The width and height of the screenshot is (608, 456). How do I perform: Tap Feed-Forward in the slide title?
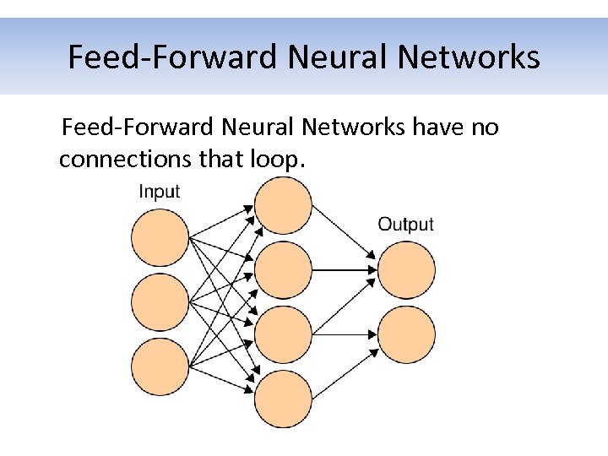tap(172, 57)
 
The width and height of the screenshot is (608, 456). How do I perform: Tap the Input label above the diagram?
tap(159, 192)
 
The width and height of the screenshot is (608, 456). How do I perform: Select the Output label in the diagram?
tap(405, 224)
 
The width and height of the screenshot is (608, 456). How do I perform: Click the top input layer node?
tap(160, 237)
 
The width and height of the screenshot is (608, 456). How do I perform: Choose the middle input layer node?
tap(160, 301)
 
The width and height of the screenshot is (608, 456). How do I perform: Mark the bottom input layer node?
tap(160, 366)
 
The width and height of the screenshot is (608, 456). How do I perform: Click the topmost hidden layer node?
tap(283, 205)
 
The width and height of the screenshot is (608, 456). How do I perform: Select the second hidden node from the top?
tap(283, 269)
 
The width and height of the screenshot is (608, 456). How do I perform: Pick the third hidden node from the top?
tap(283, 334)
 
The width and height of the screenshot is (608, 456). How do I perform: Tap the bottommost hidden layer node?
tap(283, 399)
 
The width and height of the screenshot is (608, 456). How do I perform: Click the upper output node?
tap(406, 269)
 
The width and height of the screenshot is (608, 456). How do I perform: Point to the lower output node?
tap(406, 334)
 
